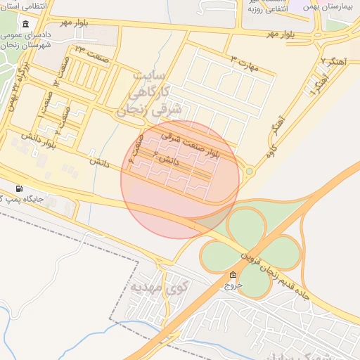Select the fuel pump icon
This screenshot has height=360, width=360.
18,188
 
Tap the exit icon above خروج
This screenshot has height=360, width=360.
233,276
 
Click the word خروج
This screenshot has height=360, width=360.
233,286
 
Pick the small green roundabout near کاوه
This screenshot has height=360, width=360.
249,171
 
